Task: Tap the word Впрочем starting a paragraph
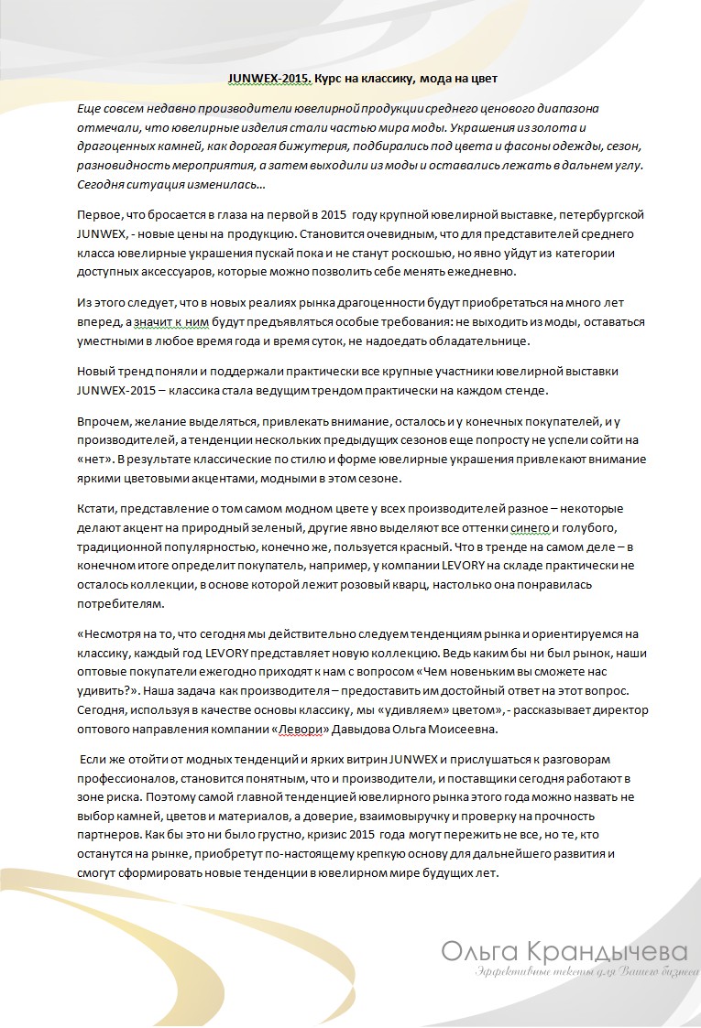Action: click(x=105, y=421)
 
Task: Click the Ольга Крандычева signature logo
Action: click(x=563, y=949)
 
